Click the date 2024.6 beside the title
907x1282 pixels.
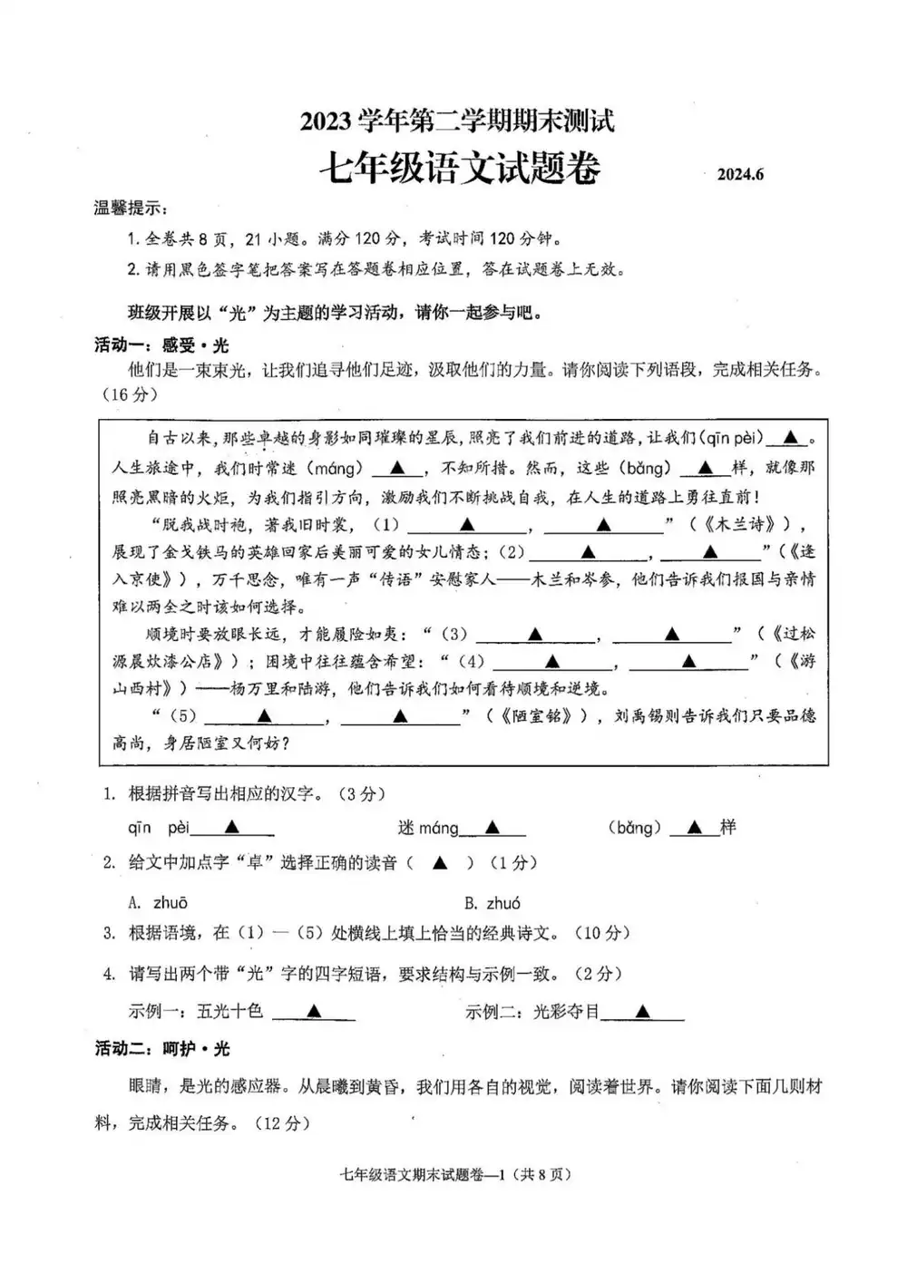[x=740, y=175]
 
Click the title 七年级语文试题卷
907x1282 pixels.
[x=459, y=169]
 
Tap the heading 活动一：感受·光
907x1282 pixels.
[x=162, y=345]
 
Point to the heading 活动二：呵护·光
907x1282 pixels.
[x=162, y=1048]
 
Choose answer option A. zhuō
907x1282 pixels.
[x=159, y=902]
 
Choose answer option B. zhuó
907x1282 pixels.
[x=493, y=902]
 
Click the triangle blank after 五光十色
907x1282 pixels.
[x=313, y=1011]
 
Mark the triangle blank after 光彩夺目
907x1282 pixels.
[x=642, y=1011]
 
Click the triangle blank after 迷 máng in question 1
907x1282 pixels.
[x=492, y=827]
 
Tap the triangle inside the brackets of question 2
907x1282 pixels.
[x=440, y=863]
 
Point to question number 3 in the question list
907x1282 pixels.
[x=110, y=933]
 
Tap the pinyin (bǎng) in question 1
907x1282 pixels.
[x=634, y=827]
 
